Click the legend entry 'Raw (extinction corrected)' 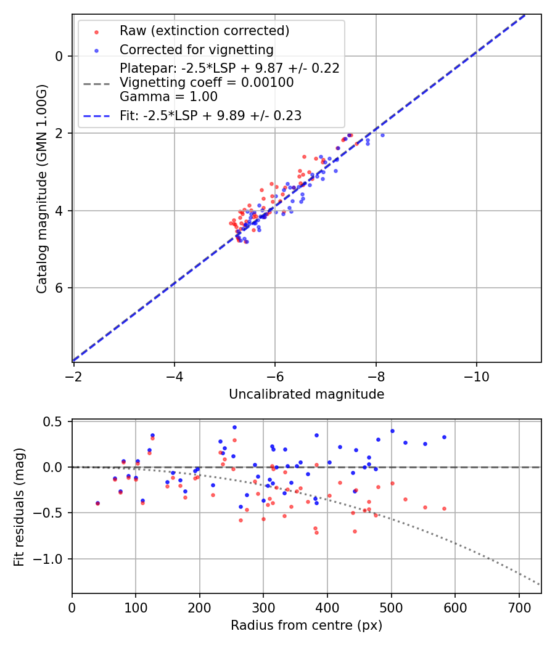pyautogui.click(x=204, y=31)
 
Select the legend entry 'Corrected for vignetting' pyautogui.click(x=197, y=49)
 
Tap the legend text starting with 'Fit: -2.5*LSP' pyautogui.click(x=210, y=116)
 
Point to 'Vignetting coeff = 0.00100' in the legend pyautogui.click(x=207, y=83)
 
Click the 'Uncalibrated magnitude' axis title pyautogui.click(x=306, y=394)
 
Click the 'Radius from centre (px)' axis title pyautogui.click(x=306, y=625)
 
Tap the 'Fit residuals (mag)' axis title pyautogui.click(x=19, y=507)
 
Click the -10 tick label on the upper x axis pyautogui.click(x=476, y=375)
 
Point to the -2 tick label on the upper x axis pyautogui.click(x=74, y=375)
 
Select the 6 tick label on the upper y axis pyautogui.click(x=60, y=288)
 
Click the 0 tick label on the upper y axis pyautogui.click(x=60, y=56)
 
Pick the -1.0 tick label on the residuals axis pyautogui.click(x=51, y=559)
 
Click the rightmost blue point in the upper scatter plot pyautogui.click(x=382, y=135)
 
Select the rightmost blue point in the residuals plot pyautogui.click(x=444, y=437)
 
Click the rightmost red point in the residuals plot pyautogui.click(x=444, y=508)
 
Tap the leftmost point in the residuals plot pyautogui.click(x=97, y=503)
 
